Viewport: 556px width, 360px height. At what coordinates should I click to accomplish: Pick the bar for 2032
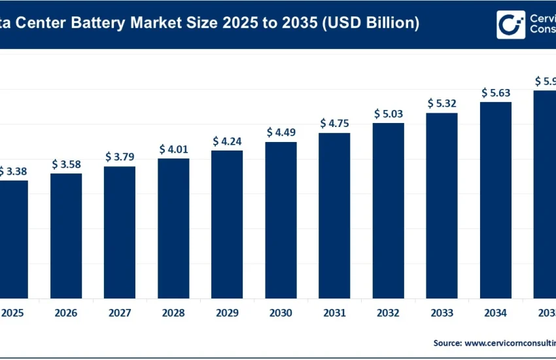click(x=388, y=209)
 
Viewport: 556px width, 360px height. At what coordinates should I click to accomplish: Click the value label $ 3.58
click(x=66, y=164)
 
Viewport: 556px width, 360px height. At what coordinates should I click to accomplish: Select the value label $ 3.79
click(x=120, y=156)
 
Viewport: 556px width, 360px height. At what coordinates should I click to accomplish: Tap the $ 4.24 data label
click(x=227, y=141)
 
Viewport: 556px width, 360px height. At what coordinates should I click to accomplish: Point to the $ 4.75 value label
click(x=334, y=123)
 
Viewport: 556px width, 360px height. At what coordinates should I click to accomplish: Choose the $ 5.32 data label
click(x=442, y=103)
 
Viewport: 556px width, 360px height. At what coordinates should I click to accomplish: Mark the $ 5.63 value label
click(x=495, y=92)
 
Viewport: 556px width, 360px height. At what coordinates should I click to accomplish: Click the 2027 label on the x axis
click(x=120, y=313)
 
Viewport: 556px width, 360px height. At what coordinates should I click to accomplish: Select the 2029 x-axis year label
click(x=227, y=313)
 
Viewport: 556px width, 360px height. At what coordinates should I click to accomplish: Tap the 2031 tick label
click(x=334, y=313)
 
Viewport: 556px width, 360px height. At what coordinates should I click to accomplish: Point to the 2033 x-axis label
click(x=442, y=313)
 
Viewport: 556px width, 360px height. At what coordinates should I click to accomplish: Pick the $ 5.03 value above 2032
click(x=388, y=113)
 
